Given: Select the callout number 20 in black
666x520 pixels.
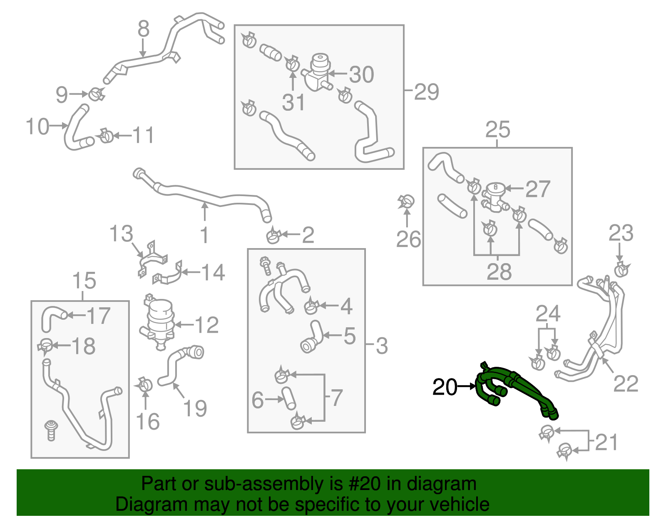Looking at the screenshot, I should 445,388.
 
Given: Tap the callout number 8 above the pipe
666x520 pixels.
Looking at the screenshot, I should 143,29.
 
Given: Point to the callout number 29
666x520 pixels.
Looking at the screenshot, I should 427,92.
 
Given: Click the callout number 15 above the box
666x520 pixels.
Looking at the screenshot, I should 84,281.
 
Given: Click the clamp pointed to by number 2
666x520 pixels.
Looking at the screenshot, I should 273,236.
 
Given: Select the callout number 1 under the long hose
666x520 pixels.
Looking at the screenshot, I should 204,236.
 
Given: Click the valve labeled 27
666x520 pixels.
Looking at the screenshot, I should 495,196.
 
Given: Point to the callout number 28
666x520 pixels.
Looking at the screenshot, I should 499,272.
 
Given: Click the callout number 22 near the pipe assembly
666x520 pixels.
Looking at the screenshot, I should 626,384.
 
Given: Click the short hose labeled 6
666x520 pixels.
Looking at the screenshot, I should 288,398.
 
